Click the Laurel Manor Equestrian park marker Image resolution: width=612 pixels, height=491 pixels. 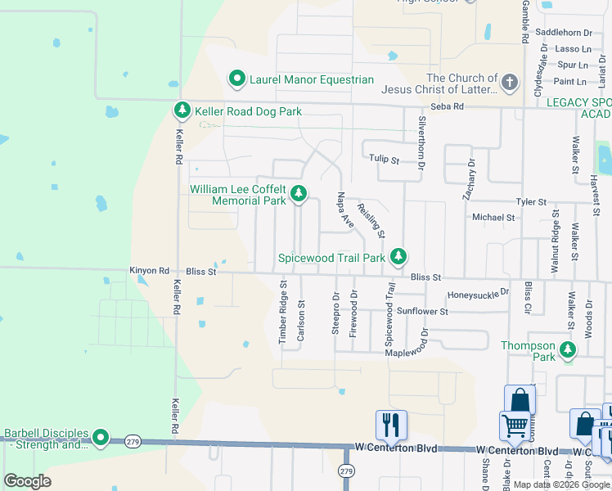[237, 79]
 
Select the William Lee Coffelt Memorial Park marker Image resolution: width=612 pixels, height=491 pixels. [299, 194]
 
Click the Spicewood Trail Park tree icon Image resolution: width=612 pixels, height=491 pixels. [398, 257]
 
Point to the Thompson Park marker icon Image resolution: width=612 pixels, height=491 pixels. [567, 351]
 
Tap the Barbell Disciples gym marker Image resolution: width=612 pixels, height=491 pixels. [101, 439]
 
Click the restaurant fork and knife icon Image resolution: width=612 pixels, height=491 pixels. [392, 424]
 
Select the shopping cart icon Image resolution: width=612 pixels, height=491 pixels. [515, 425]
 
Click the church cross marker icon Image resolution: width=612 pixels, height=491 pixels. [509, 83]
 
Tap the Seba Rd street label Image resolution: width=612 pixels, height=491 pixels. [448, 106]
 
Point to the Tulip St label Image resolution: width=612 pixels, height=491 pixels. [380, 160]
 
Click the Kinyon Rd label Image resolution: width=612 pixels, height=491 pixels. [149, 270]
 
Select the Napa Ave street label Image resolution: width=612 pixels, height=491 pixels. [345, 210]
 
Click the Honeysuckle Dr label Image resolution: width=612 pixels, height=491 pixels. [478, 294]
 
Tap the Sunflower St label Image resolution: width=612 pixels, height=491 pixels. [422, 312]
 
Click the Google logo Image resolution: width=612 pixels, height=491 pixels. [27, 481]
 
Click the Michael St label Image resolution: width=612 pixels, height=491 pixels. [493, 218]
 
